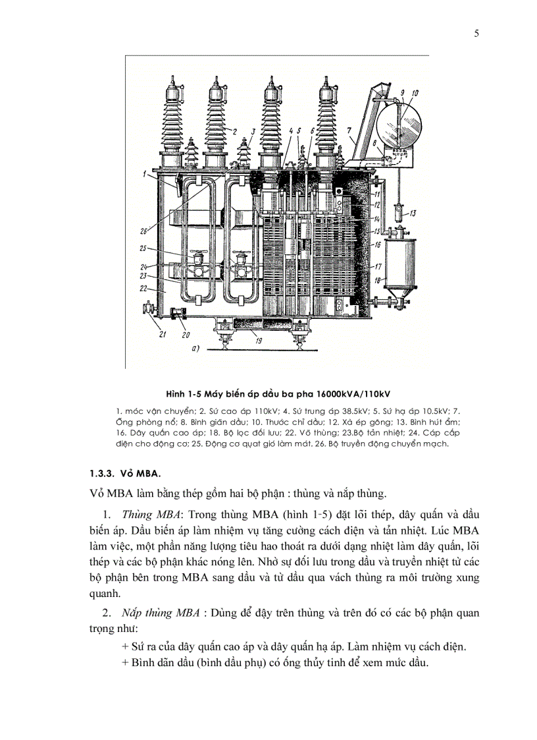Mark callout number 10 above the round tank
click(x=415, y=94)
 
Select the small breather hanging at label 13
click(x=398, y=213)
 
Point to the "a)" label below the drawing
click(x=195, y=349)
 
